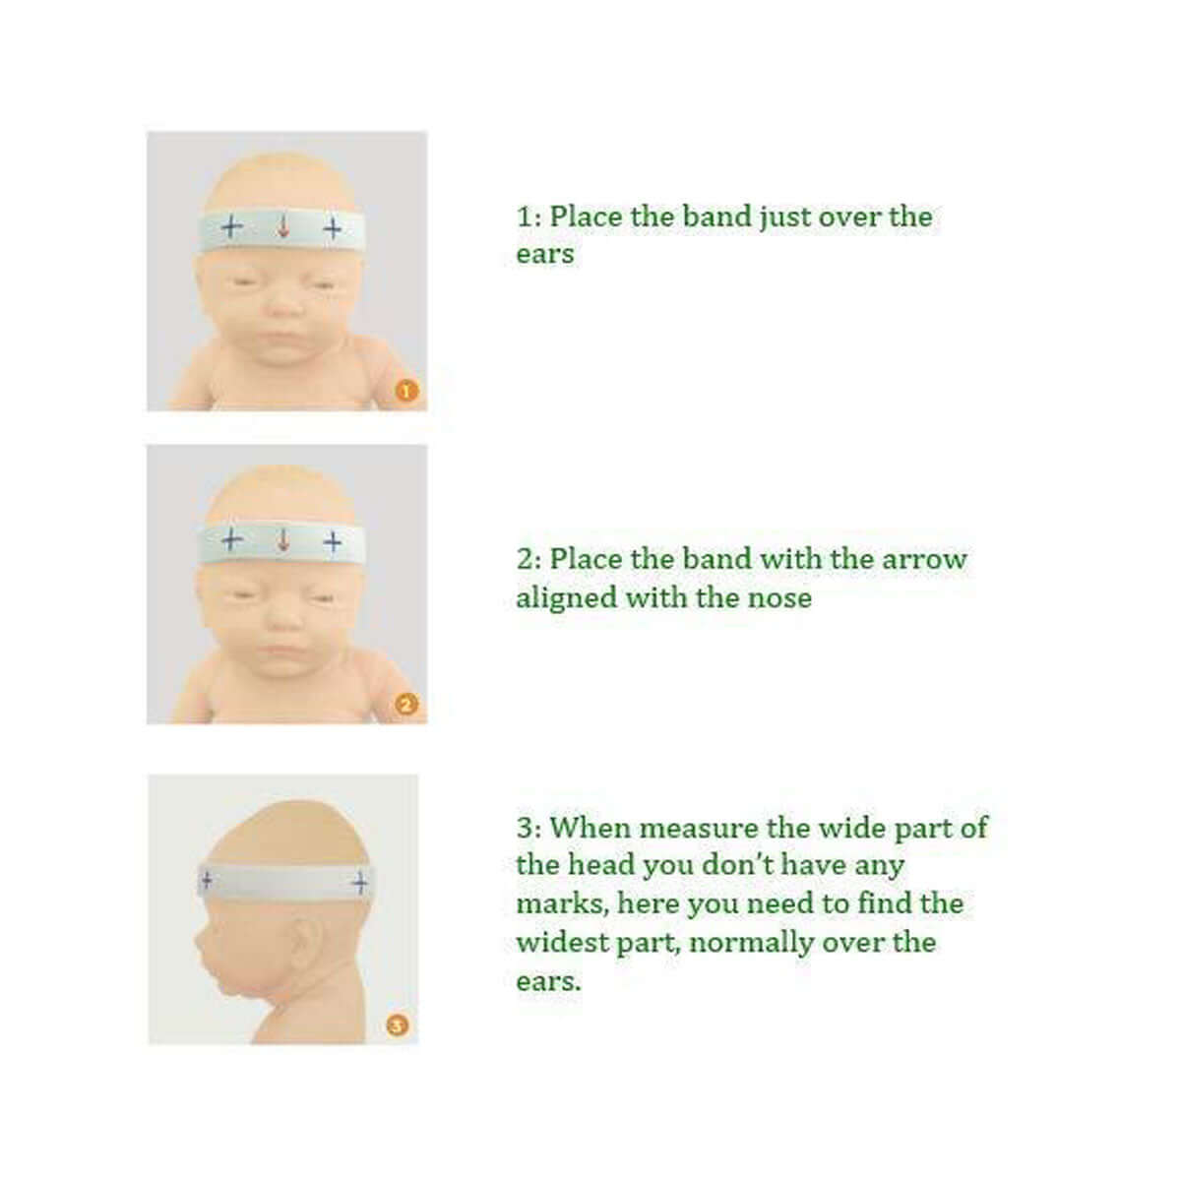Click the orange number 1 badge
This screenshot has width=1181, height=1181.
(406, 391)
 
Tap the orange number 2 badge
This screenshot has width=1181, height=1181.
(406, 705)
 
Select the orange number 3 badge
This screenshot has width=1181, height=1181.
(397, 1026)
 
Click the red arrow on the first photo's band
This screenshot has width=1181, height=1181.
(283, 228)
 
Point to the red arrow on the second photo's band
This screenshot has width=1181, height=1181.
(283, 540)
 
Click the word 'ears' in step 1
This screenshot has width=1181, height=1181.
(544, 255)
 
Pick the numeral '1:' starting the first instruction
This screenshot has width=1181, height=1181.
(528, 217)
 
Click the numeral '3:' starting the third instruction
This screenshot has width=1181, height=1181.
(528, 828)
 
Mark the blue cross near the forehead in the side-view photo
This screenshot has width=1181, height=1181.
(207, 878)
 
